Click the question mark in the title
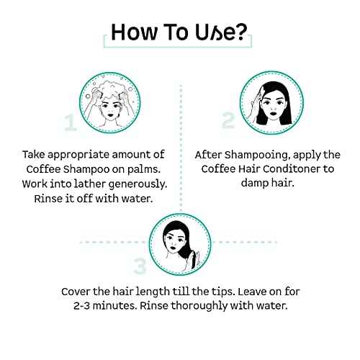(240, 32)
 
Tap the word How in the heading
(135, 32)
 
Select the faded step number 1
(71, 122)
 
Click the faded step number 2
(228, 120)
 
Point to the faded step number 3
(140, 266)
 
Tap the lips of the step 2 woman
(274, 113)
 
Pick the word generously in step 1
(138, 184)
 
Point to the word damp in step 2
(254, 183)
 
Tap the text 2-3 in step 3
(82, 306)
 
